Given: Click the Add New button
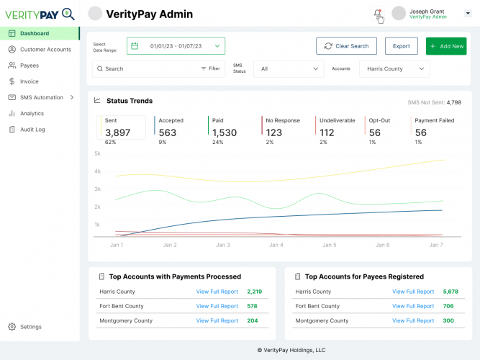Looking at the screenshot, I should [x=446, y=46].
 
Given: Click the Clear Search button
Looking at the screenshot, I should [x=346, y=46].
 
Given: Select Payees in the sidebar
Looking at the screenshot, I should [x=29, y=66].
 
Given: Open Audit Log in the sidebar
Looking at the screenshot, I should [x=32, y=130].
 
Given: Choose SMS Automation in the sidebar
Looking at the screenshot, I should [x=41, y=97].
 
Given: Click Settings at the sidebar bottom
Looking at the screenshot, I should [x=30, y=327].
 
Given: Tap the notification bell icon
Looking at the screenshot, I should [x=377, y=14].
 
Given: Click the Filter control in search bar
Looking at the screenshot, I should [x=210, y=68].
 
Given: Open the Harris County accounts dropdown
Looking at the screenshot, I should [x=394, y=68].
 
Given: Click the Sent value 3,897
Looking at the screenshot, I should [x=118, y=132].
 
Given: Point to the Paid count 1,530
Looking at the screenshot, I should [x=225, y=132].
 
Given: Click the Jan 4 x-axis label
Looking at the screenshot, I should [x=276, y=245].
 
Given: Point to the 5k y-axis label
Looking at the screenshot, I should [x=96, y=153].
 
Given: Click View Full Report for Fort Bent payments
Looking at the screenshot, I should [x=217, y=306].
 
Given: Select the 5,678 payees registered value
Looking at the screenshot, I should [x=450, y=292].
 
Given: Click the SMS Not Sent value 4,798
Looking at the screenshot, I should [x=453, y=102].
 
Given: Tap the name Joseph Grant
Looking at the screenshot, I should [x=427, y=11].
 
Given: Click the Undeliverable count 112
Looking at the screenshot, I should [x=327, y=132].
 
